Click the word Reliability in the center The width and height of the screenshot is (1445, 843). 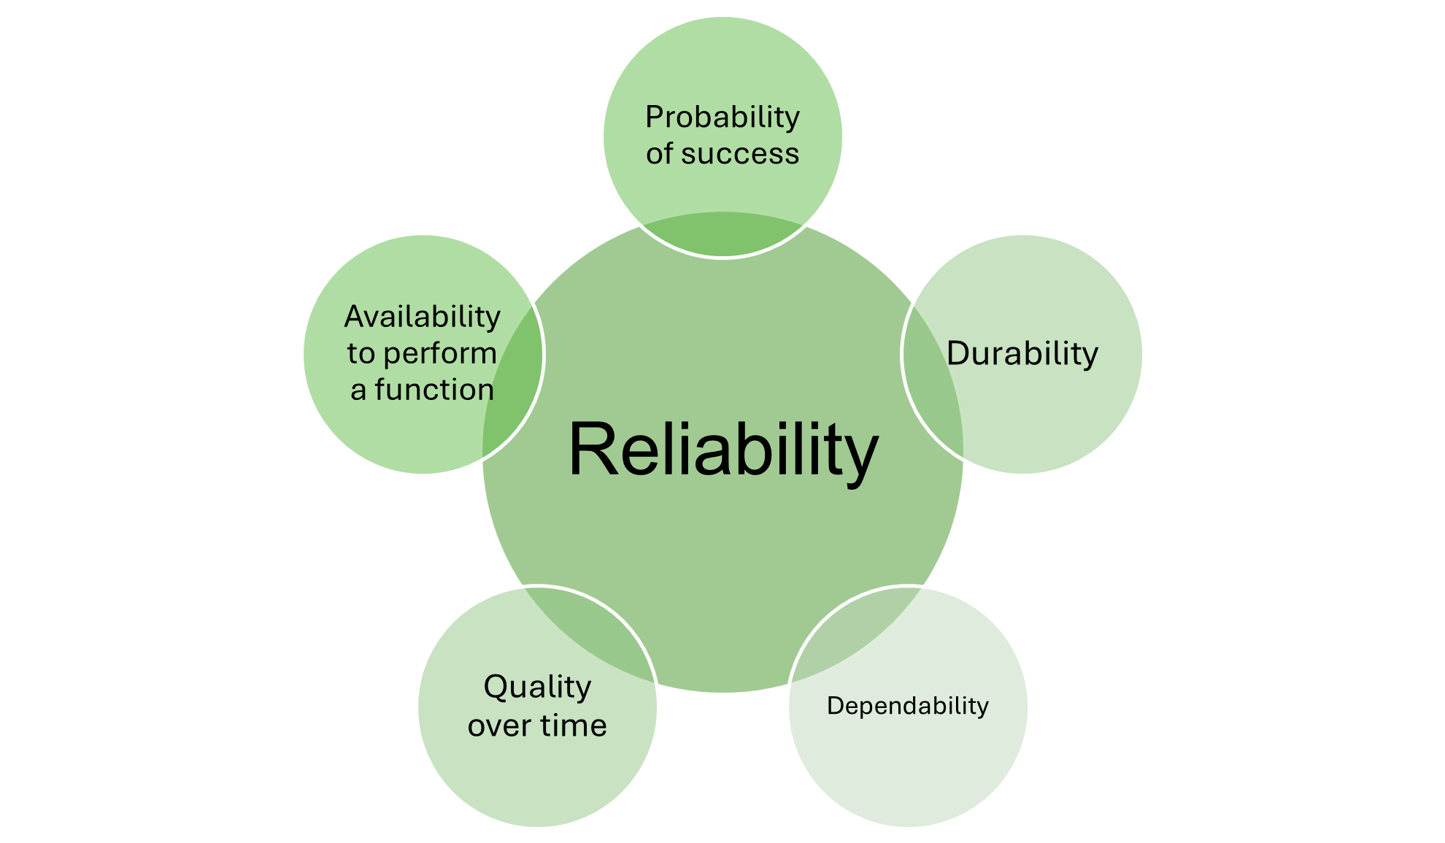pyautogui.click(x=722, y=450)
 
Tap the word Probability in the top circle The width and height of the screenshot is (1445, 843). pyautogui.click(x=722, y=118)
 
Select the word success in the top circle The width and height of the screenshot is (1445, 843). pyautogui.click(x=740, y=154)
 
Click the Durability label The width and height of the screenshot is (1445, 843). pyautogui.click(x=1022, y=354)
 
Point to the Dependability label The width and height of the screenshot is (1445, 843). pyautogui.click(x=907, y=706)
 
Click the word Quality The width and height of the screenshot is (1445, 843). pyautogui.click(x=537, y=688)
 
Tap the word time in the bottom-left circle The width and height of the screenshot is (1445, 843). pyautogui.click(x=573, y=725)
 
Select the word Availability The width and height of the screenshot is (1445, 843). pyautogui.click(x=422, y=317)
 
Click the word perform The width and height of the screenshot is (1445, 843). pyautogui.click(x=439, y=354)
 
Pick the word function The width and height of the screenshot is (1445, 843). pyautogui.click(x=434, y=390)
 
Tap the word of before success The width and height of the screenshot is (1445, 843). pyautogui.click(x=659, y=154)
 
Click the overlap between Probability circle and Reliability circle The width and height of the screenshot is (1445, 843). pyautogui.click(x=722, y=234)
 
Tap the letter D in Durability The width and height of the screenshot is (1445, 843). pyautogui.click(x=959, y=354)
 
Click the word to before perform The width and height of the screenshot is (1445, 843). pyautogui.click(x=361, y=354)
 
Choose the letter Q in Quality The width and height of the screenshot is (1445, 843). pyautogui.click(x=496, y=688)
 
